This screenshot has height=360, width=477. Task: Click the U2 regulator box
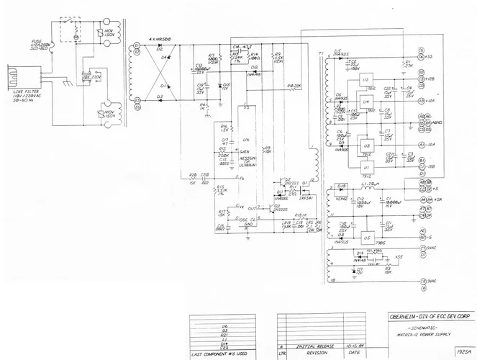[x=365, y=78]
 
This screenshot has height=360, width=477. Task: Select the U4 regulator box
[x=365, y=102]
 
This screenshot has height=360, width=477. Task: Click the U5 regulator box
[x=368, y=237]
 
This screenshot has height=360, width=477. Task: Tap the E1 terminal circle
[x=137, y=45]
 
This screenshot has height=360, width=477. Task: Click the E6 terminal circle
[x=137, y=107]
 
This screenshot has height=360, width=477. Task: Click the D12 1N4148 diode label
[x=253, y=72]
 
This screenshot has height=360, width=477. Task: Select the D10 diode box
[x=340, y=188]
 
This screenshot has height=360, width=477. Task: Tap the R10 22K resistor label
[x=294, y=86]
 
